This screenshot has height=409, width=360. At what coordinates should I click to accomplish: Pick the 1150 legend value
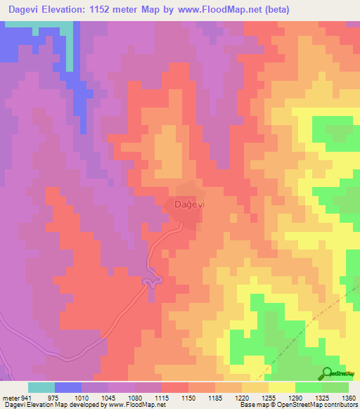click(x=188, y=398)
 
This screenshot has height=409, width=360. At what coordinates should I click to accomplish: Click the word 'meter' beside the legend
click(x=10, y=398)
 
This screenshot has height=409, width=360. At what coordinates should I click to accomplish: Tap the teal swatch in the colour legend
click(x=41, y=387)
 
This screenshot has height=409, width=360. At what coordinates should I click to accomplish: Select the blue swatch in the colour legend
click(x=68, y=387)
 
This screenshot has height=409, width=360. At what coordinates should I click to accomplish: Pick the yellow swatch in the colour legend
click(x=281, y=387)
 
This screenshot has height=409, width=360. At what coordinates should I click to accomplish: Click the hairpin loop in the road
click(x=148, y=283)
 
